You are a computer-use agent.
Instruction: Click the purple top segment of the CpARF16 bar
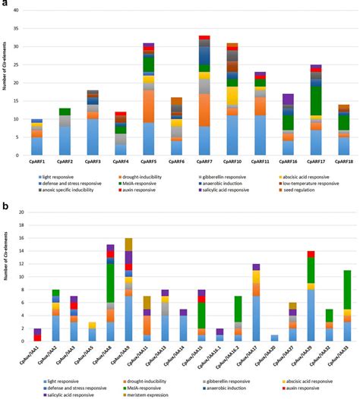pyautogui.click(x=288, y=99)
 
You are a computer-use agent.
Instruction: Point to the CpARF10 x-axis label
pyautogui.click(x=232, y=162)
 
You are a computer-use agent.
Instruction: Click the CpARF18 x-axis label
pyautogui.click(x=343, y=162)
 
